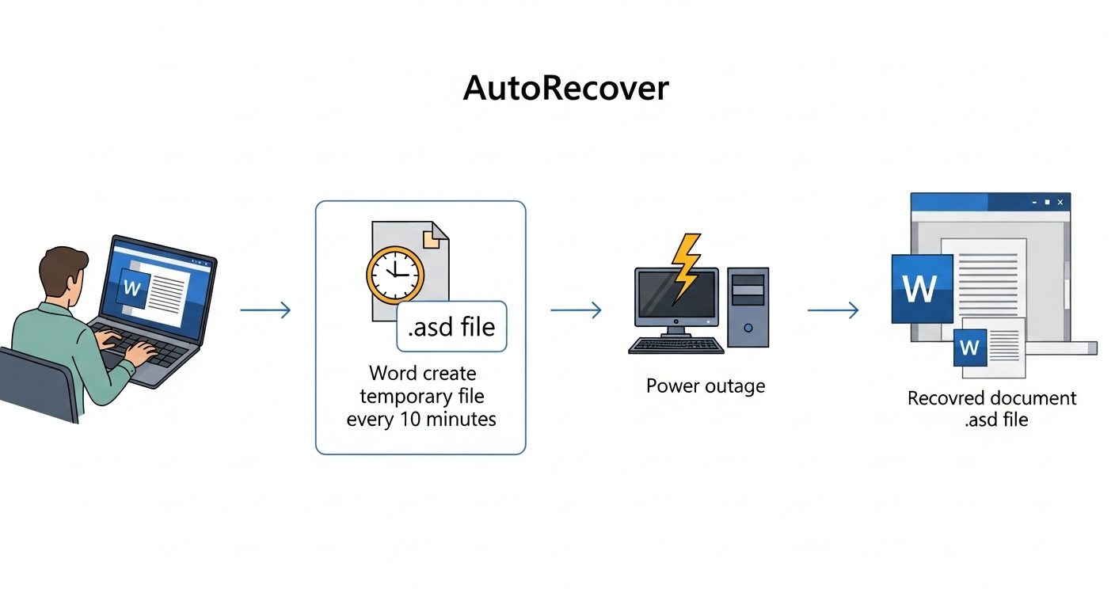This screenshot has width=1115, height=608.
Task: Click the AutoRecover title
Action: coord(565,88)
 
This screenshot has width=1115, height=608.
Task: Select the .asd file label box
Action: coord(451,326)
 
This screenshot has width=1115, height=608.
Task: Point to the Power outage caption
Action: coord(706,386)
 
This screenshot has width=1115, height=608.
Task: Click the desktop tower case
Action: coord(748,307)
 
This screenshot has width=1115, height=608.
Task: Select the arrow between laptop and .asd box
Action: coord(265,310)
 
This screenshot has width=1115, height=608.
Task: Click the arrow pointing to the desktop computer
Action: coord(576,310)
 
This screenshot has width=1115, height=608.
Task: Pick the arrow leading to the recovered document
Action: coord(832,310)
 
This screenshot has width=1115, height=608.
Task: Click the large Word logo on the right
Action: coord(922,289)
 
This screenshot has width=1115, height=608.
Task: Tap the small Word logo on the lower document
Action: coord(970,348)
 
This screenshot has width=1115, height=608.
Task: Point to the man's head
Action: coord(62,274)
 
